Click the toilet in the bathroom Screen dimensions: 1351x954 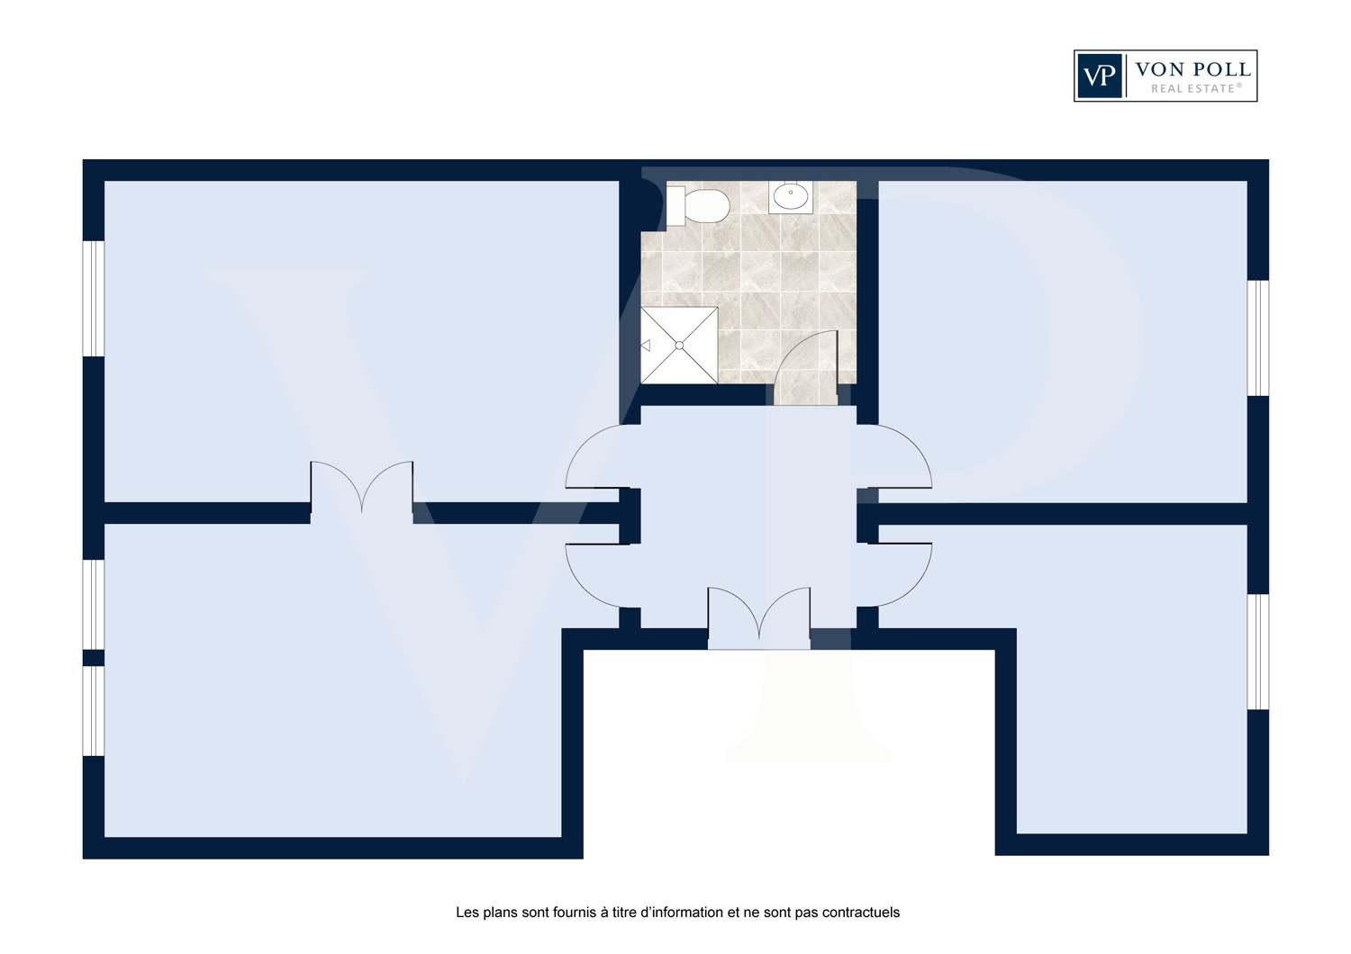698,205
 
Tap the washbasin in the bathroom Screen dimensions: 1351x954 790,196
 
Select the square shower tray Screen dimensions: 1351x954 679,346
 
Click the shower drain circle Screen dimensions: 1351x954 679,346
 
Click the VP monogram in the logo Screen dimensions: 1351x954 1099,76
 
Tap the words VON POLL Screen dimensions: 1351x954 1192,69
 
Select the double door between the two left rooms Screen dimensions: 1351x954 362,491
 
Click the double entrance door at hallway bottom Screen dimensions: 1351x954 758,617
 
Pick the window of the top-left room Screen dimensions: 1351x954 94,299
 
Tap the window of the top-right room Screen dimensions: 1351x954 1258,338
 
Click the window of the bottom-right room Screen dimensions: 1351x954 1258,652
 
